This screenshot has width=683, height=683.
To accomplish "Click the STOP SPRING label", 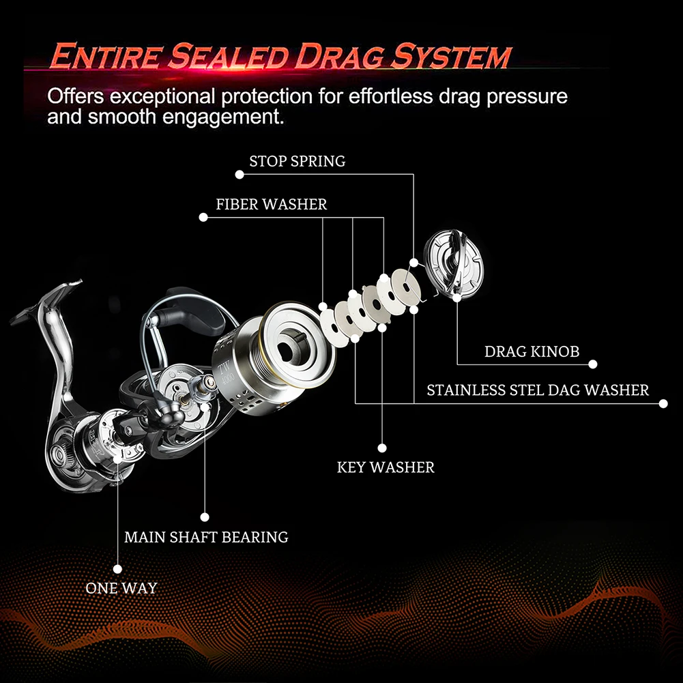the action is pos(297,162).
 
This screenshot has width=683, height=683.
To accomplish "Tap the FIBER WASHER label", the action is pos(271,204).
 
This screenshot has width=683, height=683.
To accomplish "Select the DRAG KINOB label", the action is pos(532,352).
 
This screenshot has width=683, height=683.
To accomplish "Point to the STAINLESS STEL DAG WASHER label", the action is pos(537,390).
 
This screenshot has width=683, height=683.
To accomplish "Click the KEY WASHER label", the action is pos(386,467).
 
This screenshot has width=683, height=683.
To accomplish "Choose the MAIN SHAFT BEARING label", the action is pos(206,537).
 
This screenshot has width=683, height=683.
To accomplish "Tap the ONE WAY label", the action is pos(121,587).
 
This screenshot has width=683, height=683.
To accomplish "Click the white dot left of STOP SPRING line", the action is pos(239,175).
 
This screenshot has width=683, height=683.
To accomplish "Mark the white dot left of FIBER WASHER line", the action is pos(203,218).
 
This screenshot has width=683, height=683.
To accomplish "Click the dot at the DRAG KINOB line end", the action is pos(594,364).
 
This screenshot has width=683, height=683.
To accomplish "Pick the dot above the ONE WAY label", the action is pos(117,568).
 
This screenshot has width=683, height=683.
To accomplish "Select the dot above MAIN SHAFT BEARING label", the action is pos(203,517).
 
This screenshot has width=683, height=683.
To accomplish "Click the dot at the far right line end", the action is pos(663,404).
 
